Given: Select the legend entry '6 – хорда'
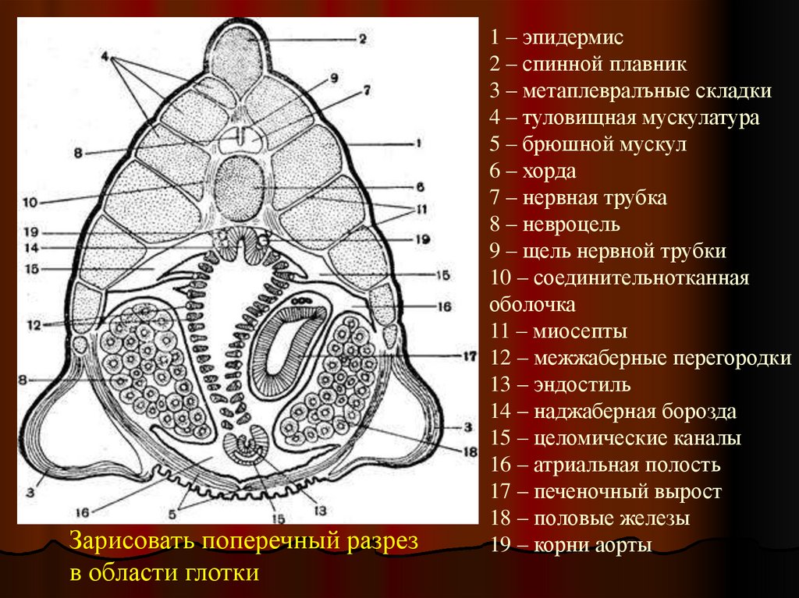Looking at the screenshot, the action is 534,171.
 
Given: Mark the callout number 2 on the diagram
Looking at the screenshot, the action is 361,37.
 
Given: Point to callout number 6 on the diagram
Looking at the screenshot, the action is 419,187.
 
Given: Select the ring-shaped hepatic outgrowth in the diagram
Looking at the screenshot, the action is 293,343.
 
